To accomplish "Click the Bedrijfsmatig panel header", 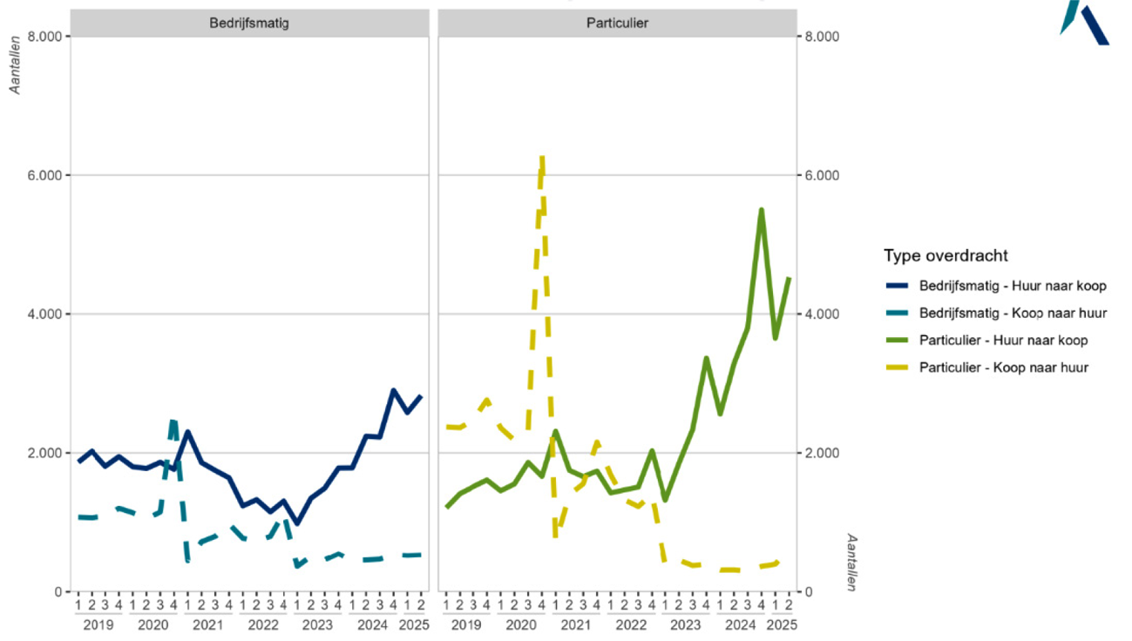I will (248, 24).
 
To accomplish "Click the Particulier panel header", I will (616, 24).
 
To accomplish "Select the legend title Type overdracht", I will (946, 256).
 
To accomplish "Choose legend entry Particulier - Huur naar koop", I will (1003, 340).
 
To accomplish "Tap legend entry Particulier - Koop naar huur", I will (1003, 368).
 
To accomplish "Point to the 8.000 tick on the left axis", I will (43, 37).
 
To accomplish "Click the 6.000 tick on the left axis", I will (43, 175).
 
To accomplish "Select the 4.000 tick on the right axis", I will (822, 314).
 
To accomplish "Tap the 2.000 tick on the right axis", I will (822, 453).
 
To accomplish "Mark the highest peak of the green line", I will (762, 210).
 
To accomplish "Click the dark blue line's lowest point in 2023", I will (296, 523).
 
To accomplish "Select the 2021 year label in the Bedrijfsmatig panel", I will (207, 624).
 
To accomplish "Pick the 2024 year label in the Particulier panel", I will (740, 624).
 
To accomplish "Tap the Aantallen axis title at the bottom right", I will (852, 562).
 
